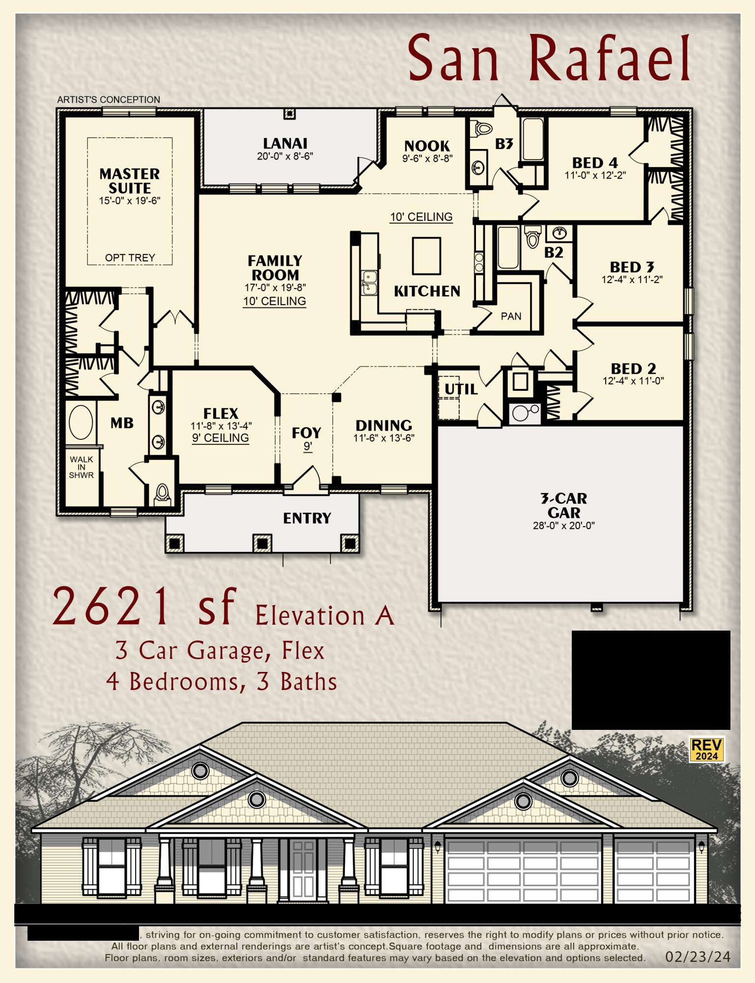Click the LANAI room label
pyautogui.click(x=285, y=144)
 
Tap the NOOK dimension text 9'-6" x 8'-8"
pyautogui.click(x=427, y=159)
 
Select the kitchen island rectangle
pyautogui.click(x=426, y=256)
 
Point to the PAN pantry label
pyautogui.click(x=511, y=317)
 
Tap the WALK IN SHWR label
pyautogui.click(x=81, y=467)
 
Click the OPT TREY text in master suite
pyautogui.click(x=130, y=258)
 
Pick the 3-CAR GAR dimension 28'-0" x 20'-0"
pyautogui.click(x=563, y=525)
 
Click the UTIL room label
pyautogui.click(x=461, y=389)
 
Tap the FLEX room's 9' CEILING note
pyautogui.click(x=221, y=438)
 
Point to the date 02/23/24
pyautogui.click(x=698, y=957)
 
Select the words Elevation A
pyautogui.click(x=325, y=615)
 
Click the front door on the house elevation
pyautogui.click(x=303, y=870)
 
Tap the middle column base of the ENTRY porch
pyautogui.click(x=262, y=543)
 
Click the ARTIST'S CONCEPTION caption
pyautogui.click(x=109, y=100)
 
